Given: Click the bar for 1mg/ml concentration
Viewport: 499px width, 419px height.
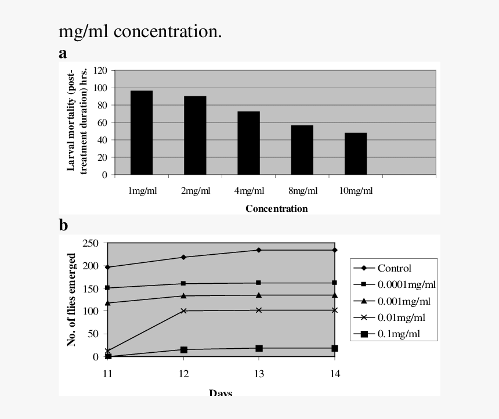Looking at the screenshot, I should [x=142, y=132].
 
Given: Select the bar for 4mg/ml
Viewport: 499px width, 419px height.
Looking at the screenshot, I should [x=248, y=143].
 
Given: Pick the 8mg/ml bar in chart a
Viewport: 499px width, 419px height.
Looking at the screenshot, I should [x=302, y=150].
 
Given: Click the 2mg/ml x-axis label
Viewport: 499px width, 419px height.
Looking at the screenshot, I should [x=196, y=191].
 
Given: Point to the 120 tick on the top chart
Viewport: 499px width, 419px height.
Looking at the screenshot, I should [x=100, y=70].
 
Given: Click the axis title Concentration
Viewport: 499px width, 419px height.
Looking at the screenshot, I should [x=276, y=208].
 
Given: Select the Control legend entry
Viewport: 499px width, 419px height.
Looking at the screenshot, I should [x=394, y=268].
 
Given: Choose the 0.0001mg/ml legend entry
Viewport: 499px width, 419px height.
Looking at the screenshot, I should [x=406, y=284].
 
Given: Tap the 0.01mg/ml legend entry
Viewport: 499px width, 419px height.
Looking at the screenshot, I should [x=401, y=317].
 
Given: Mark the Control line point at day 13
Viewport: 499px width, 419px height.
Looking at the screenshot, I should [x=259, y=250].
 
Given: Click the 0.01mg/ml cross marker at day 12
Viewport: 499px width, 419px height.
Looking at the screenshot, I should [x=184, y=311].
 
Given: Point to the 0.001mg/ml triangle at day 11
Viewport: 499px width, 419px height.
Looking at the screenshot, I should [x=108, y=303].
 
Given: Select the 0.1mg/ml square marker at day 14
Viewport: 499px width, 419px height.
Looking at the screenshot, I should [x=335, y=348].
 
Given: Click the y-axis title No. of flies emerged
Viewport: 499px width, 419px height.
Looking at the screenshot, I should [x=72, y=299].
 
